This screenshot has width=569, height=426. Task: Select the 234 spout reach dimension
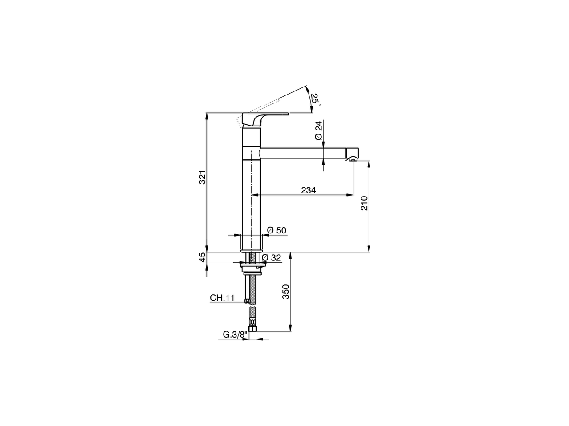308,190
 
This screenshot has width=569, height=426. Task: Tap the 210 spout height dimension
365,203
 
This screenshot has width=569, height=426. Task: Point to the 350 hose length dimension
286,292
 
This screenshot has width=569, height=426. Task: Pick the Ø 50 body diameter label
276,230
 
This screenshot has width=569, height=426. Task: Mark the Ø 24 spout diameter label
318,131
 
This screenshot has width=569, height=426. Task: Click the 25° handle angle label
314,99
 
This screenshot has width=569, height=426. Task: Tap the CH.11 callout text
222,298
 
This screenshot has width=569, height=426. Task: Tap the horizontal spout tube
302,152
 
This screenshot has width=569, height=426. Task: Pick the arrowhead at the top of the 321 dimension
207,116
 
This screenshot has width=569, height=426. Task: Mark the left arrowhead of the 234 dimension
255,195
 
